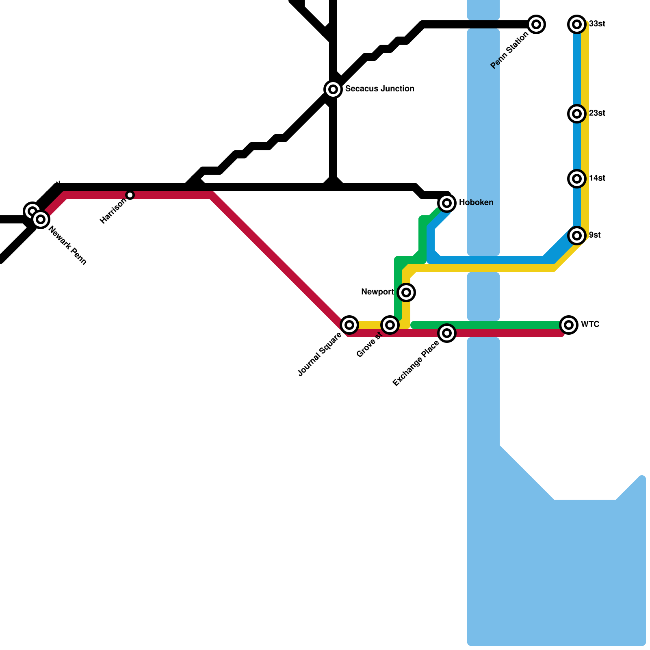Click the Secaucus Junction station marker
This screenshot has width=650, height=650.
click(x=333, y=89)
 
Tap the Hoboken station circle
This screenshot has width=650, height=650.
click(x=447, y=203)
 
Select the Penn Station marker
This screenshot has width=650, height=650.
click(x=536, y=24)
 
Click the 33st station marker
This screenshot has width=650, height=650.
click(x=577, y=24)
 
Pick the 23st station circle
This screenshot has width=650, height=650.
click(x=577, y=114)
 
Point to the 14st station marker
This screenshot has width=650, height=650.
click(x=577, y=179)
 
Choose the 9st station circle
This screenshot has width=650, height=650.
click(x=577, y=236)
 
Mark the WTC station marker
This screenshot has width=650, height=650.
click(x=569, y=325)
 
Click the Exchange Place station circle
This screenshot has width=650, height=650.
click(x=447, y=333)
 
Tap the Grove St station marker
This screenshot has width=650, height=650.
click(x=390, y=325)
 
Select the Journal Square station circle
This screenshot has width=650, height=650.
click(x=349, y=325)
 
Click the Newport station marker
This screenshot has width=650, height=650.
click(x=406, y=292)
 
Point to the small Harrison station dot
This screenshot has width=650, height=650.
click(x=130, y=195)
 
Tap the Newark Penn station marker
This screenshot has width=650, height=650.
click(x=41, y=219)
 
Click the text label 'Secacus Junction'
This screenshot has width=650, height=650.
click(x=379, y=89)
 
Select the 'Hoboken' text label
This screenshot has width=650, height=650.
click(x=476, y=203)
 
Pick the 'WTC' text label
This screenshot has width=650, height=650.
click(x=590, y=325)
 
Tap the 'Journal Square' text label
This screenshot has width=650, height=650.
click(x=320, y=355)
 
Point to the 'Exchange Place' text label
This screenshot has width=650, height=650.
click(x=416, y=363)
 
